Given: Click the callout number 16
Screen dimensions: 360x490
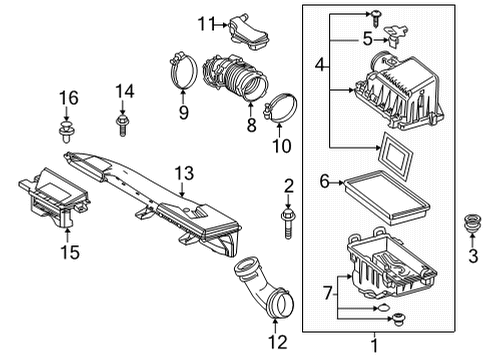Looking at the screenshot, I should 67,96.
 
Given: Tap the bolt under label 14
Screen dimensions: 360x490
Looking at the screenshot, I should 123,124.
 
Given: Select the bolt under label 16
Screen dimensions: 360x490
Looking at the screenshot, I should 67,129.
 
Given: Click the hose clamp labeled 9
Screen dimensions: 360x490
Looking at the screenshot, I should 182,71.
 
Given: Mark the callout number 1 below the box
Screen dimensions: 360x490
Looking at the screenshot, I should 376,346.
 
